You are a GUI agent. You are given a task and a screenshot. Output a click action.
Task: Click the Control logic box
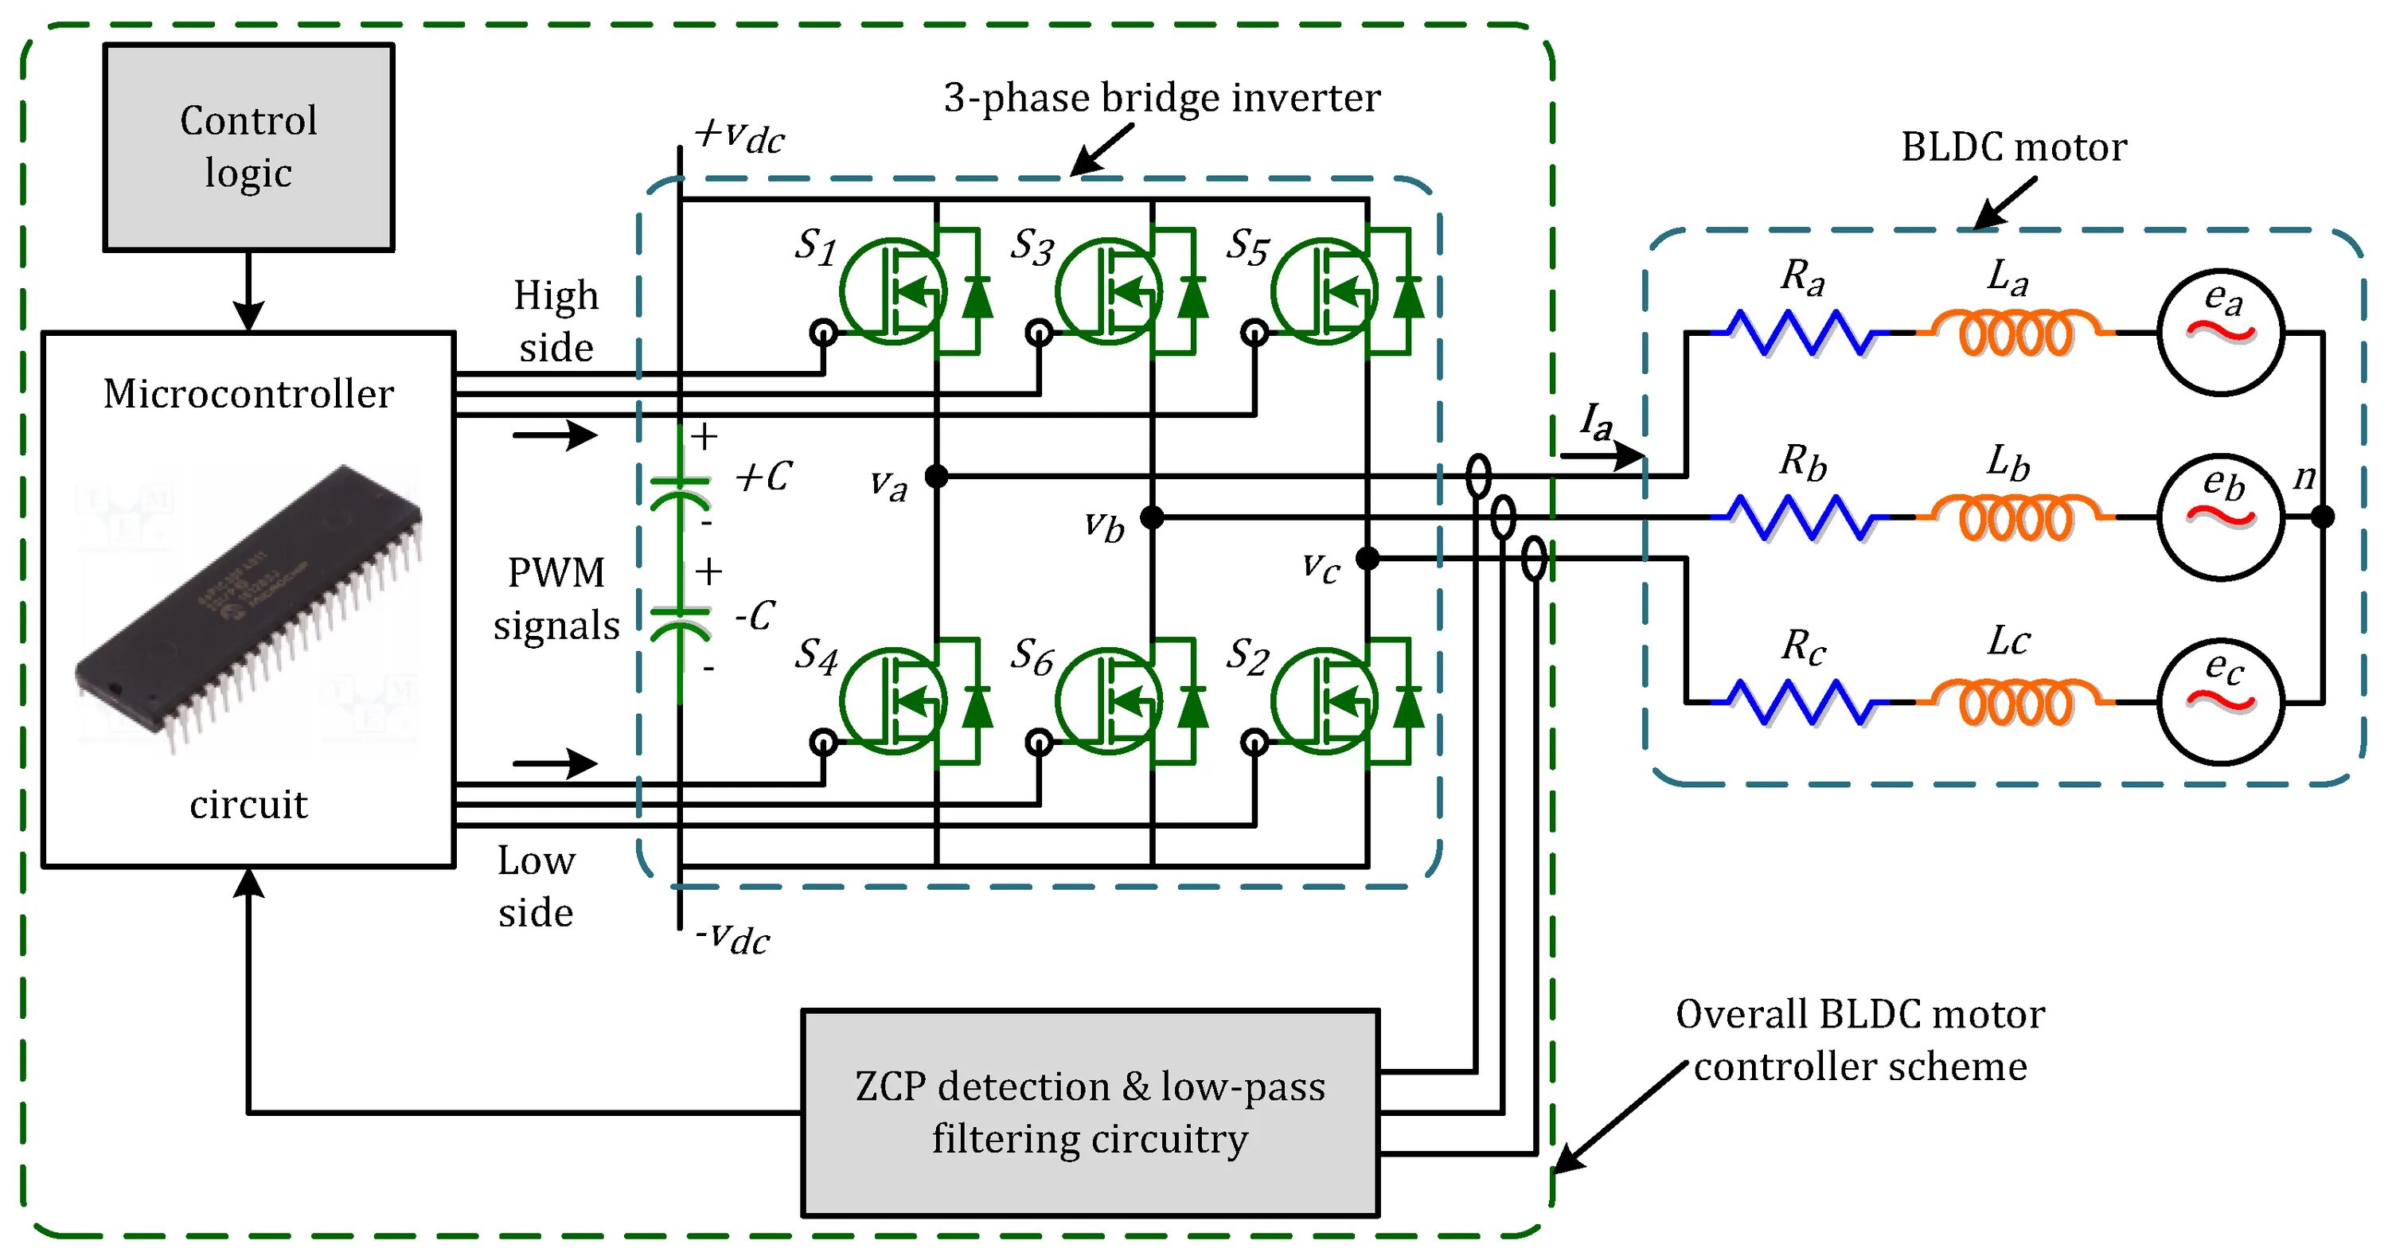(x=248, y=147)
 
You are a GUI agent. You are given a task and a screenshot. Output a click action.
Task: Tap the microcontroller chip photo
(x=248, y=603)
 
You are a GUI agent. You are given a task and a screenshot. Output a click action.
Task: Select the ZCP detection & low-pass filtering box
(x=1091, y=1113)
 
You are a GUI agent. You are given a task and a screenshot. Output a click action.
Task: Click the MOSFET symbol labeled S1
(x=894, y=291)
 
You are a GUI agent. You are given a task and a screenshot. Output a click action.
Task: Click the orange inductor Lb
(x=2017, y=517)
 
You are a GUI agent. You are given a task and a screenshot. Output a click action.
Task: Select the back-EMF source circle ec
(x=2221, y=702)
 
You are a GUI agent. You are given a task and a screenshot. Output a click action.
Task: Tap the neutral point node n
(x=2322, y=517)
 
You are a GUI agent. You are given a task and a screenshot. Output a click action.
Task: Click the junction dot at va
(x=937, y=477)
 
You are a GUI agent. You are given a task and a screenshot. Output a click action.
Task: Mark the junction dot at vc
(x=1368, y=558)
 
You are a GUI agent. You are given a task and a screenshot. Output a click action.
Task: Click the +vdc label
(x=739, y=135)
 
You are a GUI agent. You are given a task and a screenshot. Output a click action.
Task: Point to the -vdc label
(x=732, y=938)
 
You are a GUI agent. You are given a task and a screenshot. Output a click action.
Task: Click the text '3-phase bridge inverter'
(x=1161, y=98)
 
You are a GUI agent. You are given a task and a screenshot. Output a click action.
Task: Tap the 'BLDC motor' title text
(x=2014, y=147)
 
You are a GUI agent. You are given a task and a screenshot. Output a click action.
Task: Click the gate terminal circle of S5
(x=1254, y=332)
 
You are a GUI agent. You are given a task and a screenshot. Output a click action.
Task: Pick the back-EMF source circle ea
(x=2221, y=332)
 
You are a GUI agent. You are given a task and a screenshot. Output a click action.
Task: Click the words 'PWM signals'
(x=556, y=599)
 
